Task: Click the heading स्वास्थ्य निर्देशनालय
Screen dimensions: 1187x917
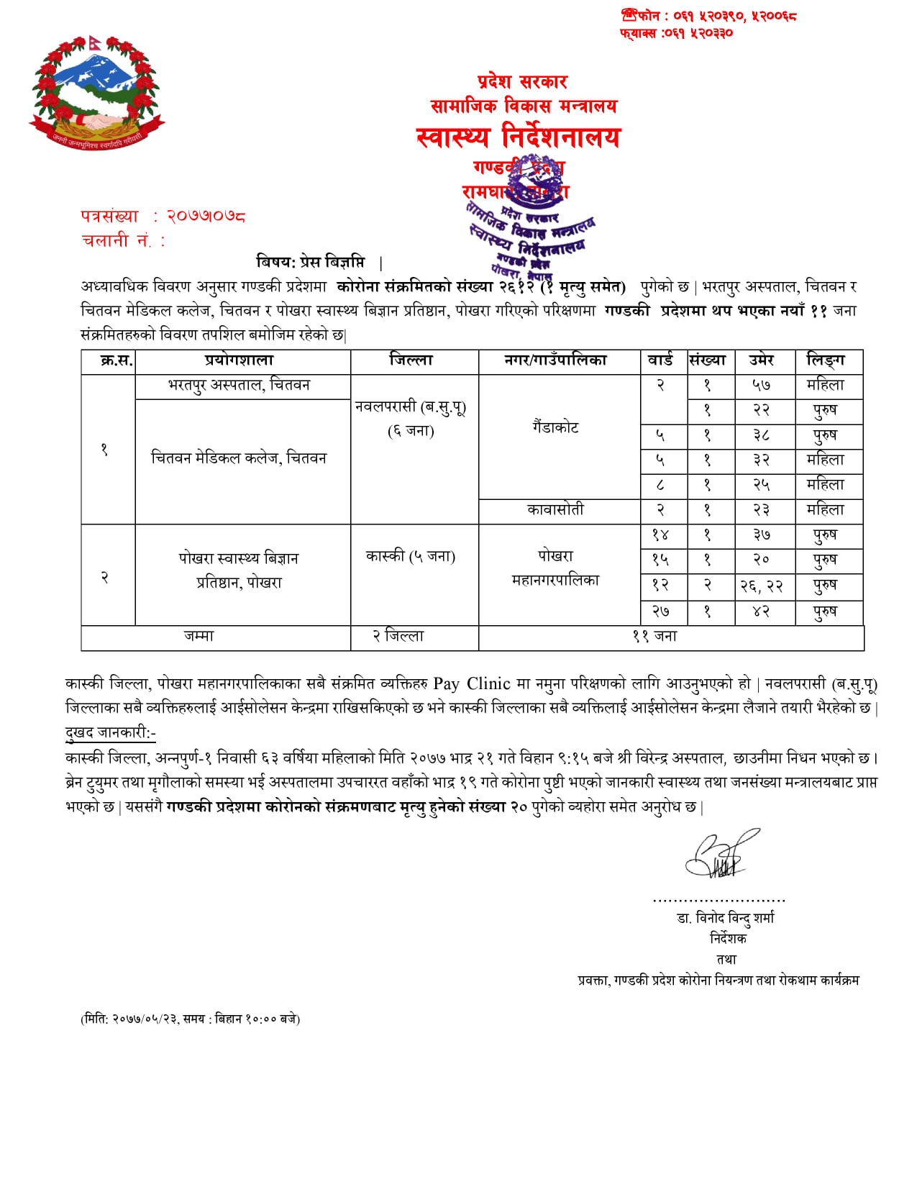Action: coord(518,137)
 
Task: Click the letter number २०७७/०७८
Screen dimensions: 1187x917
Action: coord(206,216)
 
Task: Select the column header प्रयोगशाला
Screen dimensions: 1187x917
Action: coord(239,360)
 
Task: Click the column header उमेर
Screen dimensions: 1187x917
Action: coord(761,360)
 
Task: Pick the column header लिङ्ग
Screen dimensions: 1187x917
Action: coord(826,360)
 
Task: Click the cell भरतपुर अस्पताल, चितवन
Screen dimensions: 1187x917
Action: coord(239,386)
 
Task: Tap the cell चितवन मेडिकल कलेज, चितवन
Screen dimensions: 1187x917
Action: coord(239,458)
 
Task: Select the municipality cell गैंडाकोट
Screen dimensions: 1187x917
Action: coord(555,427)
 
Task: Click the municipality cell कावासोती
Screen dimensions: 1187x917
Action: coord(555,510)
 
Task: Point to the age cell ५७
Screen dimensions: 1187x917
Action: coord(761,386)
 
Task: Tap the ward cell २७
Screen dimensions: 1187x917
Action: coord(660,611)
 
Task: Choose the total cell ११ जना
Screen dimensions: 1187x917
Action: coord(654,637)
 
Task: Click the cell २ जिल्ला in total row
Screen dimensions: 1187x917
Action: coord(398,637)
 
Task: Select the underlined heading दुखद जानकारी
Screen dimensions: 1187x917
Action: coord(110,733)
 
